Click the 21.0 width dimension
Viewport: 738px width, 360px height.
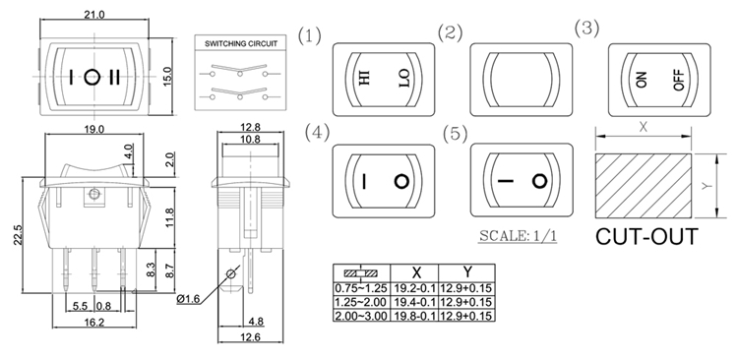pyautogui.click(x=94, y=15)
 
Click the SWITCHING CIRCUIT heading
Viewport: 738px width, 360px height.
pyautogui.click(x=241, y=43)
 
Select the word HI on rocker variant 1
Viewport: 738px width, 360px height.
pyautogui.click(x=365, y=77)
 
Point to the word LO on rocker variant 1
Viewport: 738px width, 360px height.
pyautogui.click(x=403, y=78)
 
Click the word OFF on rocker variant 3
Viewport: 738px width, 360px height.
pyautogui.click(x=679, y=81)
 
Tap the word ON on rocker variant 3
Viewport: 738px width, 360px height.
pyautogui.click(x=641, y=80)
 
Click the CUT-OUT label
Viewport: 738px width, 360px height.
pyautogui.click(x=646, y=237)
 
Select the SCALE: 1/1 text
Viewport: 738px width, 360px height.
pyautogui.click(x=518, y=235)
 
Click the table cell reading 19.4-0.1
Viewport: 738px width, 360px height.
pyautogui.click(x=414, y=302)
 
